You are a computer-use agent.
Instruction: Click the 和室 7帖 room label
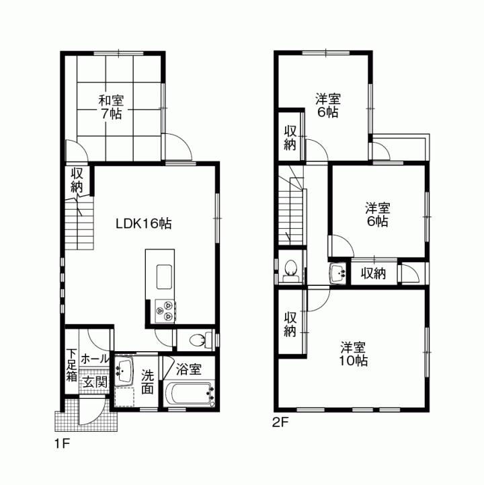pyautogui.click(x=112, y=107)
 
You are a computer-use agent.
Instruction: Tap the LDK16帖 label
pyautogui.click(x=143, y=224)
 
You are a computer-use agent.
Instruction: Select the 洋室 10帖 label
pyautogui.click(x=352, y=354)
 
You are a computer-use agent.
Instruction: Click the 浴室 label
pyautogui.click(x=188, y=369)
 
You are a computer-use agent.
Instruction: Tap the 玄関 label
pyautogui.click(x=94, y=381)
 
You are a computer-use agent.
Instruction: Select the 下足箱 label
pyautogui.click(x=71, y=365)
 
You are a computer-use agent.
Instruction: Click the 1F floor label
pyautogui.click(x=62, y=443)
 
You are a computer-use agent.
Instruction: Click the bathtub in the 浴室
pyautogui.click(x=190, y=394)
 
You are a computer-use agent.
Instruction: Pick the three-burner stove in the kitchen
pyautogui.click(x=164, y=308)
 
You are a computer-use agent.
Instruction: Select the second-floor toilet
pyautogui.click(x=290, y=268)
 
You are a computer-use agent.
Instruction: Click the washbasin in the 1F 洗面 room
pyautogui.click(x=124, y=371)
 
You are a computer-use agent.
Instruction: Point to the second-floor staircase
pyautogui.click(x=294, y=208)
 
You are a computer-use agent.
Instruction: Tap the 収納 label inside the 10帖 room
pyautogui.click(x=290, y=324)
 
